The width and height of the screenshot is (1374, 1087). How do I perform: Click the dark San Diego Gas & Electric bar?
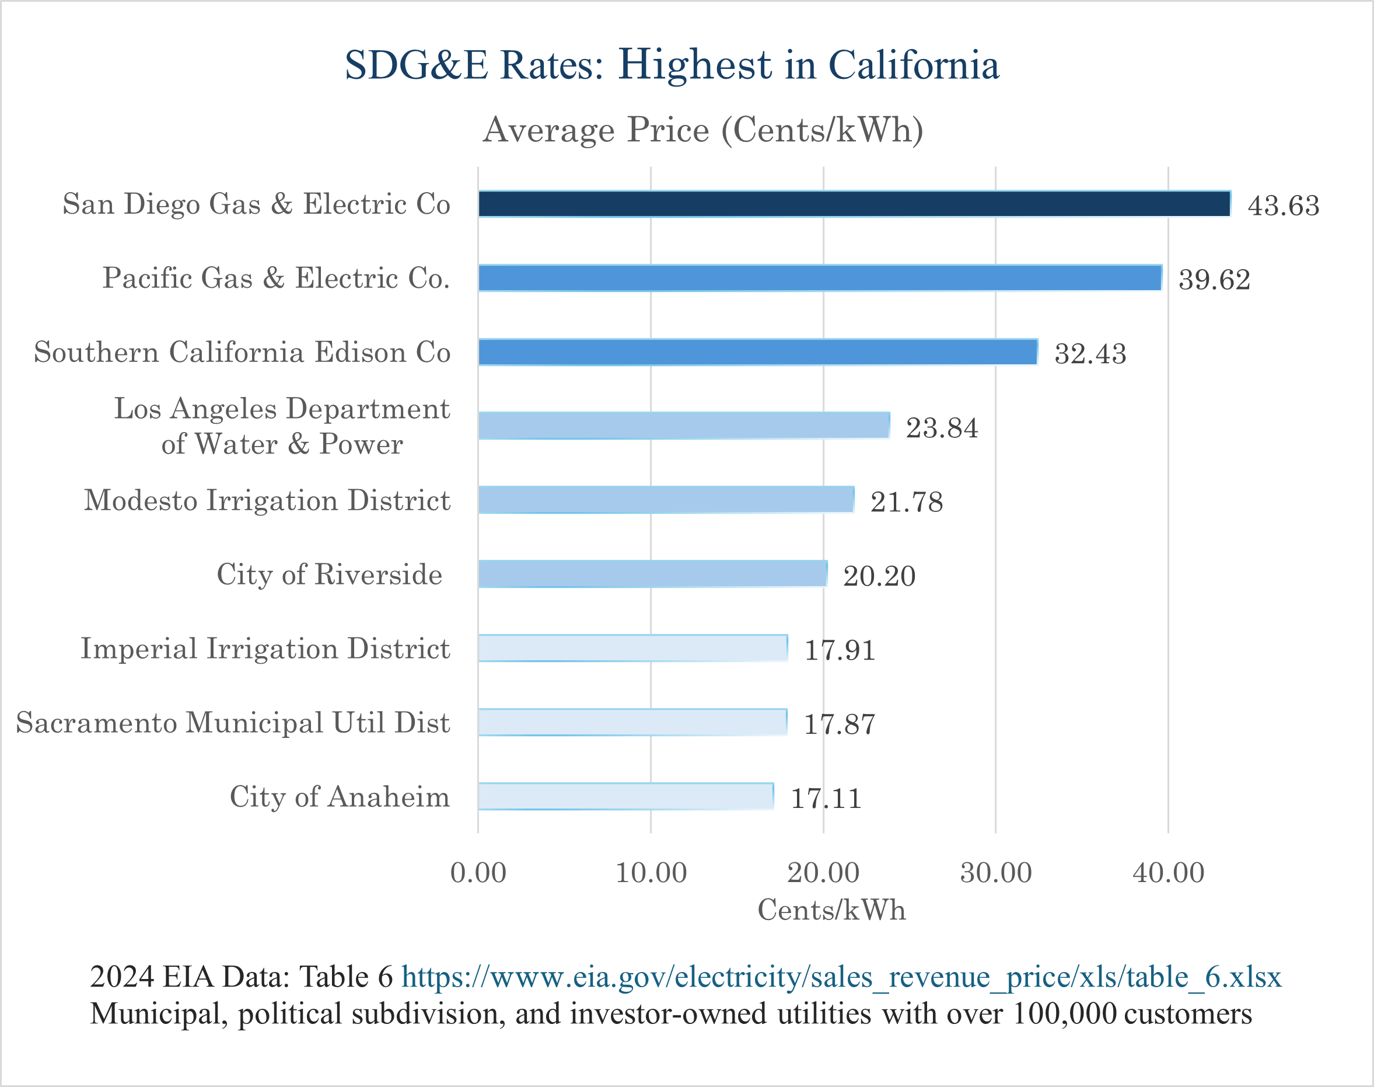click(x=854, y=204)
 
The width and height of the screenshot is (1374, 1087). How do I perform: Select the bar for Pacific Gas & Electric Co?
click(x=819, y=277)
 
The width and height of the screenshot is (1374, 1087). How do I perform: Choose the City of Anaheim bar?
click(x=625, y=796)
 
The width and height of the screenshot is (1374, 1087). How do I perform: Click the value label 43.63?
click(x=1283, y=205)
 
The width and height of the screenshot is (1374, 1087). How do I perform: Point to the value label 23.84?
click(x=942, y=428)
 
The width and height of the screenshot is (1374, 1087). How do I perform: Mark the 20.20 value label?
click(x=879, y=576)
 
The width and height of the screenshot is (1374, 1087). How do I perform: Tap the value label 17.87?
click(x=840, y=724)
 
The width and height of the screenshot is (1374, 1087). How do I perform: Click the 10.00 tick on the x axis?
click(x=651, y=873)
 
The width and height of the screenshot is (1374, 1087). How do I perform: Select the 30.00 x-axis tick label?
click(x=995, y=873)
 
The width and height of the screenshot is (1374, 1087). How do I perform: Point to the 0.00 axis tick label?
click(x=478, y=873)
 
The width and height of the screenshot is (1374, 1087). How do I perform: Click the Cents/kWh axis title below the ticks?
click(x=831, y=910)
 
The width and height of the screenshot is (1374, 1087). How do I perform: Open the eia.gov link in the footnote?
click(x=841, y=977)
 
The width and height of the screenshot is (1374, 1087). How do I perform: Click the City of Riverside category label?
click(x=330, y=574)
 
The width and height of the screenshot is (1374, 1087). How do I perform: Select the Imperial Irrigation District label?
click(x=265, y=649)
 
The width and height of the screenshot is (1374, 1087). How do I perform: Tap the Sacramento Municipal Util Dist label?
click(x=233, y=722)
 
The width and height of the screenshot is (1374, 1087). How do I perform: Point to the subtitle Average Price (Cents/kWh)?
click(x=703, y=130)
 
